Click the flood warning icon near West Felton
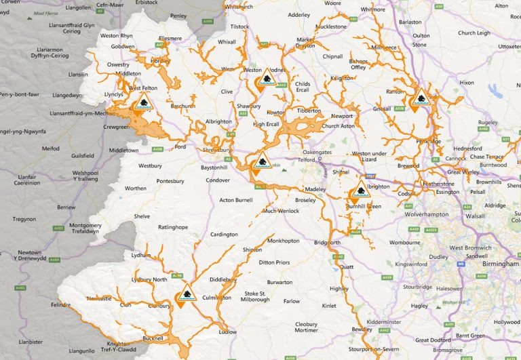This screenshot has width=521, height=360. tap(142, 103)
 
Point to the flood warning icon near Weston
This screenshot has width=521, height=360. tap(265, 81)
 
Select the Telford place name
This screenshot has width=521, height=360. tap(307, 160)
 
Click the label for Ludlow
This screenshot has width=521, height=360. tap(229, 332)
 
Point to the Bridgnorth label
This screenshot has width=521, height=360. tap(328, 242)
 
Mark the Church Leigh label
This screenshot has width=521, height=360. tap(474, 33)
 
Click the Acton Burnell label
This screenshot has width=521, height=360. tap(236, 200)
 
